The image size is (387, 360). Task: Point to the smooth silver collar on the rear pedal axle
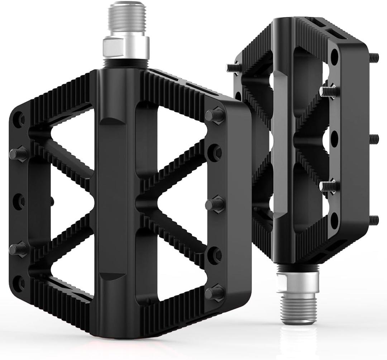point(298,282)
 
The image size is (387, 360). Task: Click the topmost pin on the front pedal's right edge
point(215,115)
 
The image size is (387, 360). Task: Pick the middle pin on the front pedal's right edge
point(214,204)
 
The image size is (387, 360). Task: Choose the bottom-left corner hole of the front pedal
point(18,283)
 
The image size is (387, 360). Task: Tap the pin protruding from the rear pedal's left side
point(233,67)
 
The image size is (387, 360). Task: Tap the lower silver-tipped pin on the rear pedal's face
point(328,186)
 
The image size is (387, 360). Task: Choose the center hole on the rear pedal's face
point(334,138)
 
